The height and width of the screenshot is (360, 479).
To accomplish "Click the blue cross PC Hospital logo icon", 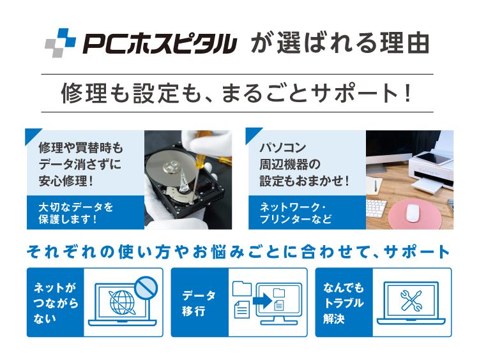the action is pos(60,43).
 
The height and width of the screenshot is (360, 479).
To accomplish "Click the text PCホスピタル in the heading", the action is pos(160,43).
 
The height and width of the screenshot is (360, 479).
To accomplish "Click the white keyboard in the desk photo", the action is pos(376,211).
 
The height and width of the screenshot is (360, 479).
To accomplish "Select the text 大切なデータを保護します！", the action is pos(75,213).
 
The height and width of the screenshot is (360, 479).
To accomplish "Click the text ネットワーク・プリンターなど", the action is pos(296,213).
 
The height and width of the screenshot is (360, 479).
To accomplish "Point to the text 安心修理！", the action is pos(66,181).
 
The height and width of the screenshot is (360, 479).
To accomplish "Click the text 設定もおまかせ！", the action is pos(305,181).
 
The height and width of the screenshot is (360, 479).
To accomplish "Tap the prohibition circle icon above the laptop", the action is pos(146,288).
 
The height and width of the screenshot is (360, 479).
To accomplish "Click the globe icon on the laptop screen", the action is pos(122,303).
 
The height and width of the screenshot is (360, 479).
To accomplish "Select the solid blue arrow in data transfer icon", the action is pos(262,301).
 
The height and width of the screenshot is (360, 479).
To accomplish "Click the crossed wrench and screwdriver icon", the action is pos(411,301).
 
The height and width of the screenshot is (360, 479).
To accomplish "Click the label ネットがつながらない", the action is pos(56,303).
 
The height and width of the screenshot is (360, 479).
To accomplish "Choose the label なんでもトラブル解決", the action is pos(344,303).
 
